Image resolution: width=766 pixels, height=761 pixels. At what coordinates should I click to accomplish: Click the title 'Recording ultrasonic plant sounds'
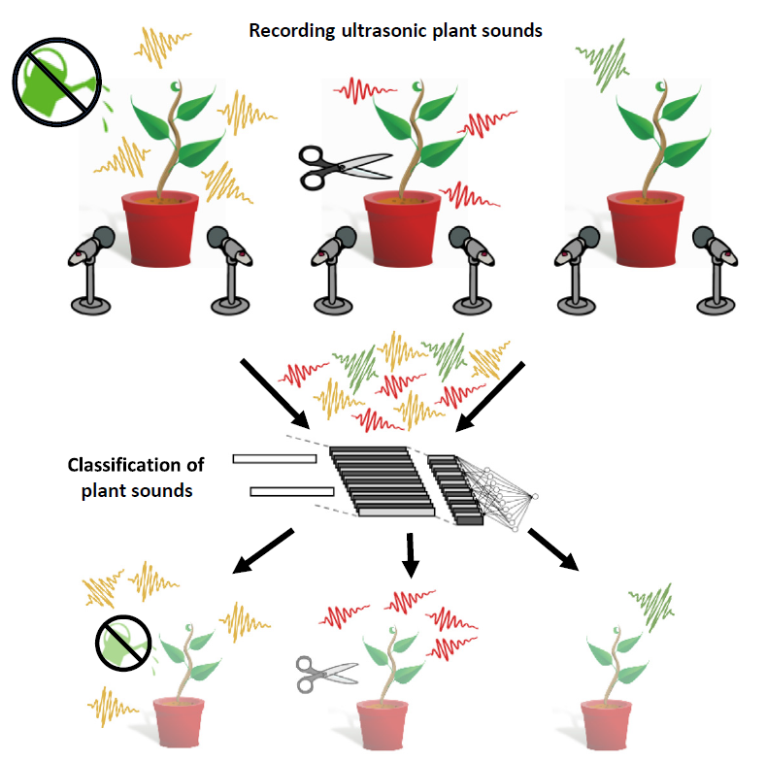pyautogui.click(x=395, y=30)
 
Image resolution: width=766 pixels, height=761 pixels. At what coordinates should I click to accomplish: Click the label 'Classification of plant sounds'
pyautogui.click(x=129, y=477)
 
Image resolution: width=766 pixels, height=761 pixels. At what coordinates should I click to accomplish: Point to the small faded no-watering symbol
pyautogui.click(x=122, y=644)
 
